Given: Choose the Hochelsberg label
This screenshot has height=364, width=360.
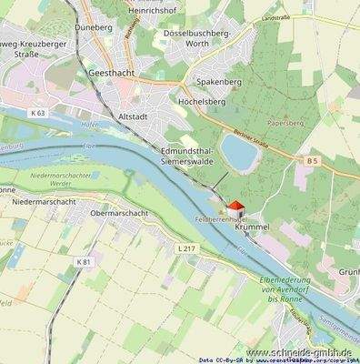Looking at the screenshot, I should pyautogui.click(x=202, y=102).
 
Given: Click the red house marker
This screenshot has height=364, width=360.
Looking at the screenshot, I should pyautogui.click(x=234, y=209).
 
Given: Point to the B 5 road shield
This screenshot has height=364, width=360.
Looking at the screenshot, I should pyautogui.click(x=313, y=161).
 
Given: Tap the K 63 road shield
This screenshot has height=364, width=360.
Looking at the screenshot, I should pyautogui.click(x=36, y=113).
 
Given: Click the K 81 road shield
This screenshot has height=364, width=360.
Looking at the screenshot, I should pyautogui.click(x=84, y=262).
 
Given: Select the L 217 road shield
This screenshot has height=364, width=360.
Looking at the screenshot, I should pyautogui.click(x=186, y=248).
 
